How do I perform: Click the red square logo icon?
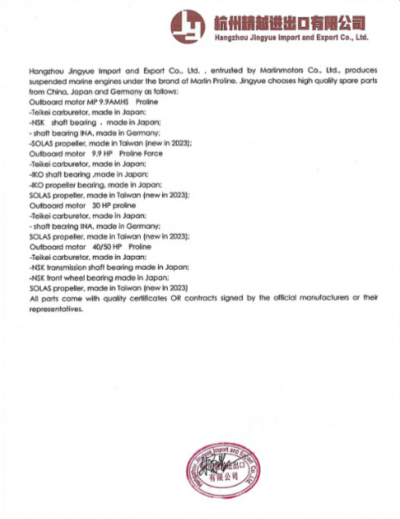click(189, 24)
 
